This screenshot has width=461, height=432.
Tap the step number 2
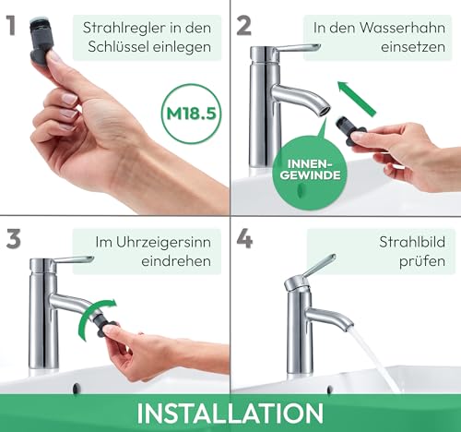[x=244, y=24]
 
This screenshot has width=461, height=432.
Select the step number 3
[x=14, y=238]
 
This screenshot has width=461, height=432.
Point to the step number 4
[x=245, y=238]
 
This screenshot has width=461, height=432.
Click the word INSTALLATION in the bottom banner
[x=230, y=412]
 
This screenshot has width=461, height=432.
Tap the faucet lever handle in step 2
[x=297, y=48]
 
